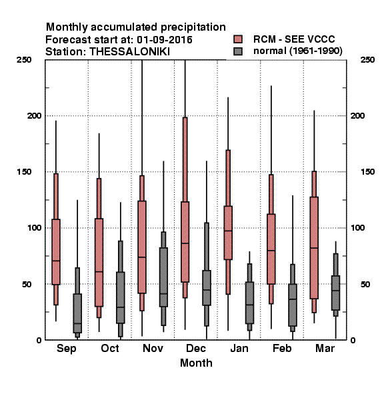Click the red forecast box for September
click(x=56, y=251)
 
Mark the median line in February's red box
click(x=271, y=251)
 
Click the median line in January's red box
click(x=228, y=231)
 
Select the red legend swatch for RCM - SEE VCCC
click(x=238, y=39)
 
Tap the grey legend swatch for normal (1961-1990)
click(x=238, y=51)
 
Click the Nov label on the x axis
click(x=153, y=348)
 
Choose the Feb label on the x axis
click(x=282, y=348)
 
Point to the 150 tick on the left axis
click(x=24, y=172)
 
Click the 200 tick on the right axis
click(x=358, y=115)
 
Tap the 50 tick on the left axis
click(x=27, y=284)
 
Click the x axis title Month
click(x=196, y=363)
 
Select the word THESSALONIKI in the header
click(x=129, y=52)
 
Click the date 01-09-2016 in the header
click(x=165, y=40)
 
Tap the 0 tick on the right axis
click(x=353, y=340)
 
